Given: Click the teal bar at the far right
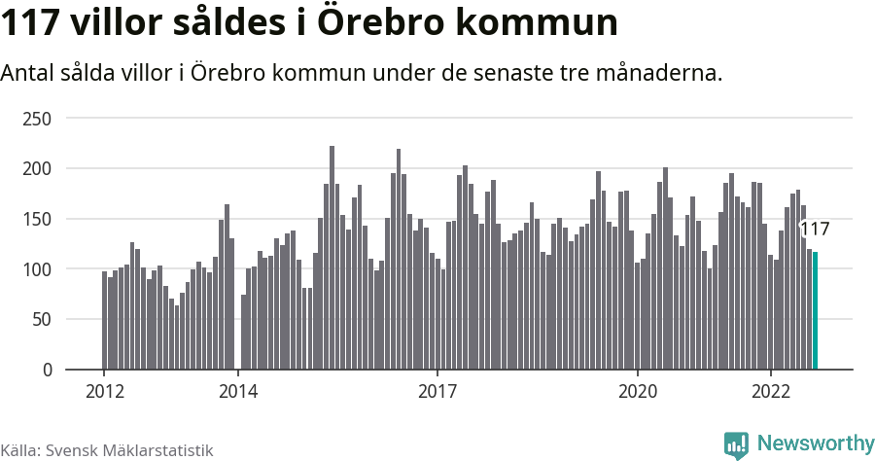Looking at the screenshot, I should [x=815, y=311].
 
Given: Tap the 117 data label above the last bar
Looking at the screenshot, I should [x=814, y=230].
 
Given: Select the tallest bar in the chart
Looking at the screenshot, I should [x=332, y=258].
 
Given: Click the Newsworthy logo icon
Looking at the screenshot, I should [x=736, y=444].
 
